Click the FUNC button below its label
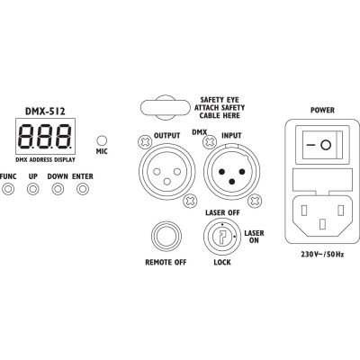pyautogui.click(x=8, y=189)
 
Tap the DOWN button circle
pyautogui.click(x=58, y=189)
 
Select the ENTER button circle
pyautogui.click(x=83, y=189)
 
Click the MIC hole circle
pyautogui.click(x=102, y=140)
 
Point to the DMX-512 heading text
pyautogui.click(x=45, y=112)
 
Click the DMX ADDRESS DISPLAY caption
pyautogui.click(x=45, y=160)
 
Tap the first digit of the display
pyautogui.click(x=28, y=137)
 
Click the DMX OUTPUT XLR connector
pyautogui.click(x=166, y=172)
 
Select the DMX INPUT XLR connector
pyautogui.click(x=231, y=172)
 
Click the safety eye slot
pyautogui.click(x=166, y=108)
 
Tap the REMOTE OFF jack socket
pyautogui.click(x=166, y=237)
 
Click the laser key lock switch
pyautogui.click(x=222, y=237)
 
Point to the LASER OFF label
pyautogui.click(x=222, y=212)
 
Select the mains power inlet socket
pyautogui.click(x=322, y=214)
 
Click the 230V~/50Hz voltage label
pyautogui.click(x=322, y=255)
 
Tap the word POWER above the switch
pyautogui.click(x=322, y=111)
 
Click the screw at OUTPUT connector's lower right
pyautogui.click(x=190, y=201)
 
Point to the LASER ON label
pyautogui.click(x=254, y=237)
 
